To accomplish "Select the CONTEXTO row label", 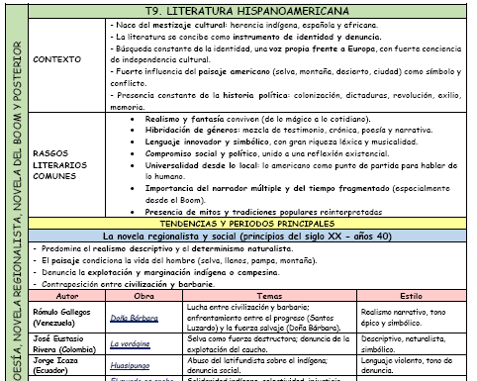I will pyautogui.click(x=56, y=58).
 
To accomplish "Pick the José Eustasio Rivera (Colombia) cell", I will pyautogui.click(x=65, y=343).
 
